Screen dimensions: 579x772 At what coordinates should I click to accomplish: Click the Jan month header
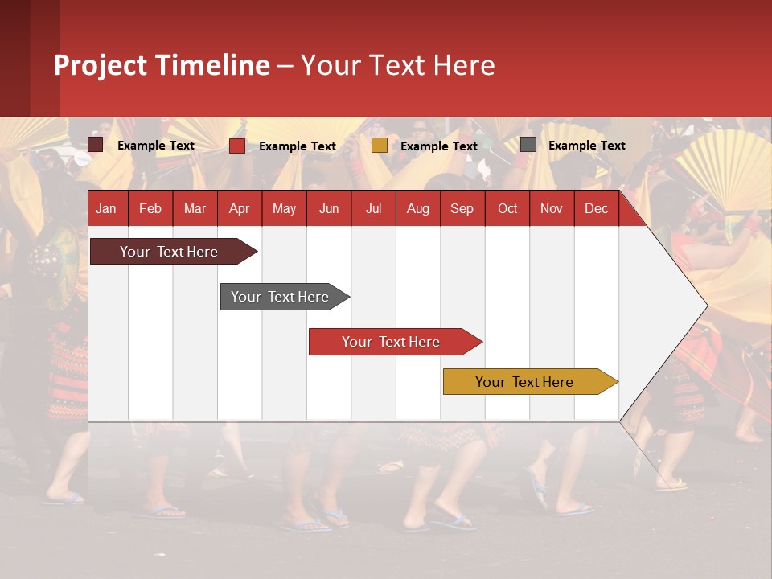pos(106,209)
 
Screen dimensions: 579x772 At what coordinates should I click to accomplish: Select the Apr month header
pos(240,209)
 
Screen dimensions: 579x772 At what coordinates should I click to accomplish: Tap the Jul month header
pos(373,209)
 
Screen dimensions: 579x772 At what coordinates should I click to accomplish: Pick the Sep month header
pos(462,209)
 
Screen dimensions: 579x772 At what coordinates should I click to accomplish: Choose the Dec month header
pos(596,209)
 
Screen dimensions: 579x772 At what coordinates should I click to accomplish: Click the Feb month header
pos(150,209)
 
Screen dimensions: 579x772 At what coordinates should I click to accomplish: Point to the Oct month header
pos(507,209)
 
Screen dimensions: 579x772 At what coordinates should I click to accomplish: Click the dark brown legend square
pos(96,145)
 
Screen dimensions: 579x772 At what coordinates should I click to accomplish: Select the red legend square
pos(237,146)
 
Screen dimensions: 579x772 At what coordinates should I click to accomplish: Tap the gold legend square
pos(380,146)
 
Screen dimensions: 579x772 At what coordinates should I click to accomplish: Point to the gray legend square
pos(528,145)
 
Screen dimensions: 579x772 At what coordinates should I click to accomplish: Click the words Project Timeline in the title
pos(162,65)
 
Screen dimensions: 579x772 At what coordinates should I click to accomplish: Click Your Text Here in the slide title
pos(397,65)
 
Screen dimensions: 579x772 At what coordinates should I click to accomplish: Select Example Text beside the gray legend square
pos(586,146)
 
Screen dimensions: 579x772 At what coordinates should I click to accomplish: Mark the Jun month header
pos(329,209)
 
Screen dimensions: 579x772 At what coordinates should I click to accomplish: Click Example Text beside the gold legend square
pos(438,146)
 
